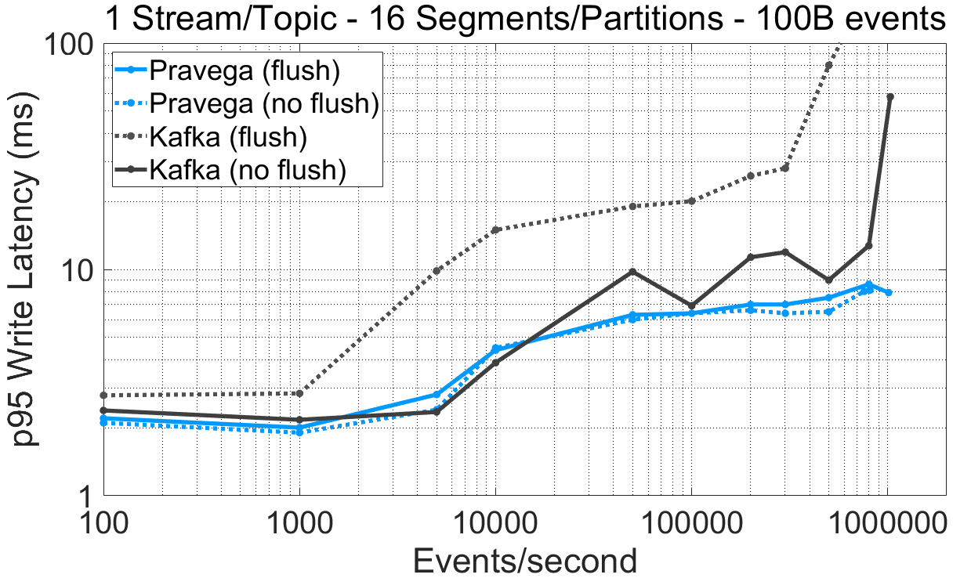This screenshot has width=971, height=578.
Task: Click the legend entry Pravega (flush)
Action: coord(244,70)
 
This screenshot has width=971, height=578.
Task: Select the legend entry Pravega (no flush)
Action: coord(264,103)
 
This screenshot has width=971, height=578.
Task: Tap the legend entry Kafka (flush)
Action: coord(226,136)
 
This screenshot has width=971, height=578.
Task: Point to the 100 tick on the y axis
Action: coord(71,45)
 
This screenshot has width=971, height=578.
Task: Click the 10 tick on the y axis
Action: coord(78,269)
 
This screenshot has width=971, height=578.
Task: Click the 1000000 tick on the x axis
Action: coord(887,522)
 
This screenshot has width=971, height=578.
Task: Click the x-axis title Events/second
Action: coord(524,560)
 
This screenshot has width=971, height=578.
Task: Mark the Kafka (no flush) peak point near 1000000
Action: coord(889,97)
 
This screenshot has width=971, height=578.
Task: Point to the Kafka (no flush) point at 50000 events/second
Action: coord(632,271)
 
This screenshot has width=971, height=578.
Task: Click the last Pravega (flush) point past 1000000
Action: coord(889,292)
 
